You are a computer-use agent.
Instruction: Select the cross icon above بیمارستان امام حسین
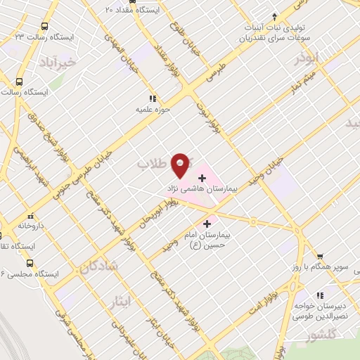205,224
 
